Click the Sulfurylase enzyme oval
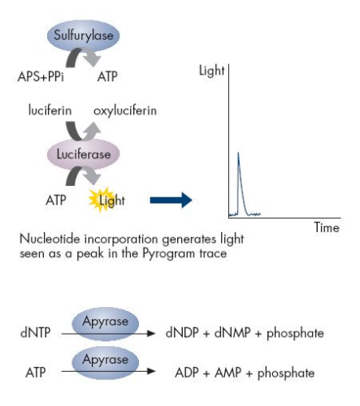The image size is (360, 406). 84,35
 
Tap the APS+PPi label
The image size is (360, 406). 41,76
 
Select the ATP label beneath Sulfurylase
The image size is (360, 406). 107,76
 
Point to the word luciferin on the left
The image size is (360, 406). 50,110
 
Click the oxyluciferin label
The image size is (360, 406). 125,110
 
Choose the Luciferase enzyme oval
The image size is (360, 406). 84,154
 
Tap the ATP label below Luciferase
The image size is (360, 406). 56,201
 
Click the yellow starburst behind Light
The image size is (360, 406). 100,200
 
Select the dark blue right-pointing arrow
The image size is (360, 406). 171,201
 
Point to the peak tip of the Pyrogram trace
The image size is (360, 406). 238,153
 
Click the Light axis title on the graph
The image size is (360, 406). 212,71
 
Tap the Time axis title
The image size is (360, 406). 327,227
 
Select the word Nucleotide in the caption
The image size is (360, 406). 50,239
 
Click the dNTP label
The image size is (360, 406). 36,332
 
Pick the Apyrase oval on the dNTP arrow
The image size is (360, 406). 106,324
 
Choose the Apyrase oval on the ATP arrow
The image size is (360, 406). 106,362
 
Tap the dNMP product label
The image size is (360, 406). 232,333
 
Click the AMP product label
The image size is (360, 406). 228,373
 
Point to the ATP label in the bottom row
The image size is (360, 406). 36,373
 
